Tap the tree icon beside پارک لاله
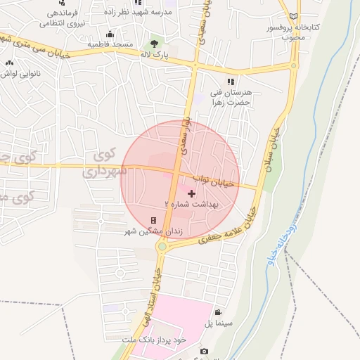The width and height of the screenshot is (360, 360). click(x=155, y=44)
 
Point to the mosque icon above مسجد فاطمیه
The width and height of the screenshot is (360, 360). click(x=110, y=34)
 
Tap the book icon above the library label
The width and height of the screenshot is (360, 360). click(x=294, y=16)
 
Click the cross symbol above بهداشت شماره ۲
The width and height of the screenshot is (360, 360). click(x=191, y=193)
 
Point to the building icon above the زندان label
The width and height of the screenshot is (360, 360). click(x=153, y=219)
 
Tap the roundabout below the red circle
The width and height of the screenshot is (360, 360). click(x=164, y=245)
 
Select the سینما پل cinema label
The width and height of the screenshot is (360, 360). click(x=218, y=323)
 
